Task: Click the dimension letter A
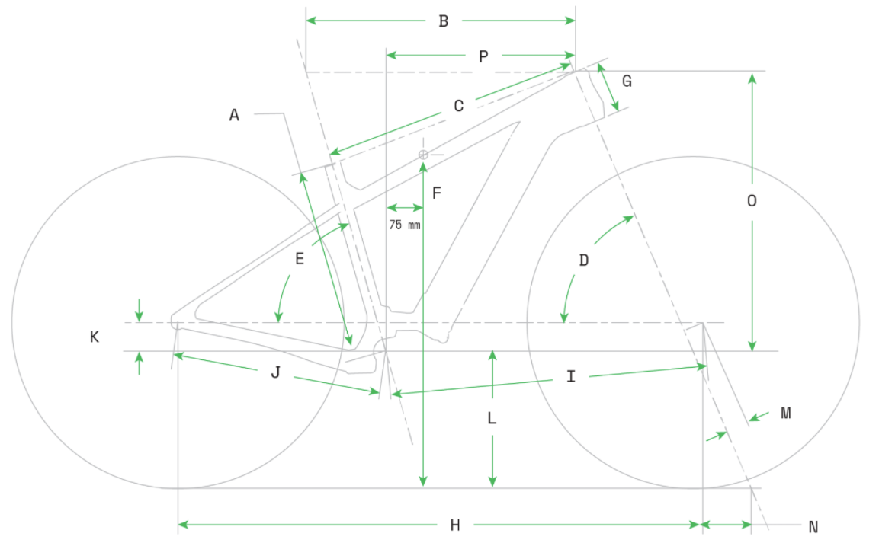point(234,115)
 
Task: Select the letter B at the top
point(443,21)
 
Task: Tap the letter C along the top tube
point(458,106)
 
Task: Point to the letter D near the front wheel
point(584,260)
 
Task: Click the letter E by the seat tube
point(300,259)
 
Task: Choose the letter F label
point(437,193)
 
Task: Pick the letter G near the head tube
point(627,81)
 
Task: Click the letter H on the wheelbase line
point(455,525)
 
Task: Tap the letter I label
point(571,376)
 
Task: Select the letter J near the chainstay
point(276,372)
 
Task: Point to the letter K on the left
point(95,337)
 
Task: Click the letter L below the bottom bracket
point(492,418)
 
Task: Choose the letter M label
point(786,413)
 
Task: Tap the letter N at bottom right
point(813,527)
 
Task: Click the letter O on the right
point(752,201)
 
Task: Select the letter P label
point(483,56)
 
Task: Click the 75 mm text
point(405,225)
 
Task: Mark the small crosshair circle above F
point(423,155)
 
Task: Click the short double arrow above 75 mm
point(405,208)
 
